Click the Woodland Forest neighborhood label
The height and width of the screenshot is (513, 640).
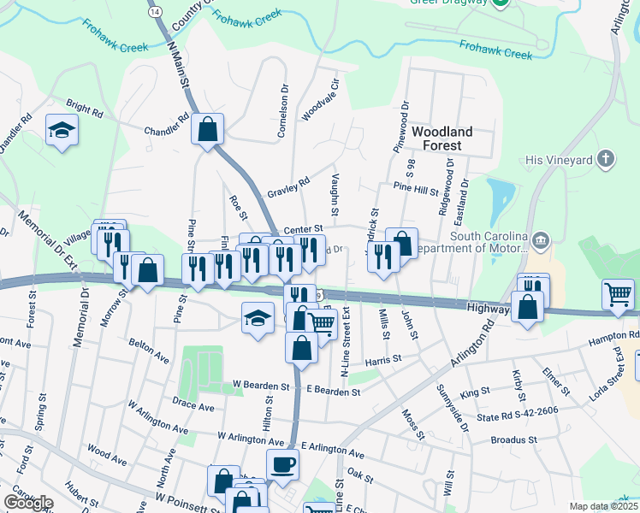(441, 139)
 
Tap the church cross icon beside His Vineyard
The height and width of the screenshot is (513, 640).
(606, 158)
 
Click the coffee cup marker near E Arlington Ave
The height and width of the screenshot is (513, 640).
(282, 463)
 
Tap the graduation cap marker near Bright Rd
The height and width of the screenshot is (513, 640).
(62, 130)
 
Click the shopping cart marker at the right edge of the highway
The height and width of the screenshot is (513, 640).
(618, 294)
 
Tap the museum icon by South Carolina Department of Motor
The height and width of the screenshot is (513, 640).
(540, 239)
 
